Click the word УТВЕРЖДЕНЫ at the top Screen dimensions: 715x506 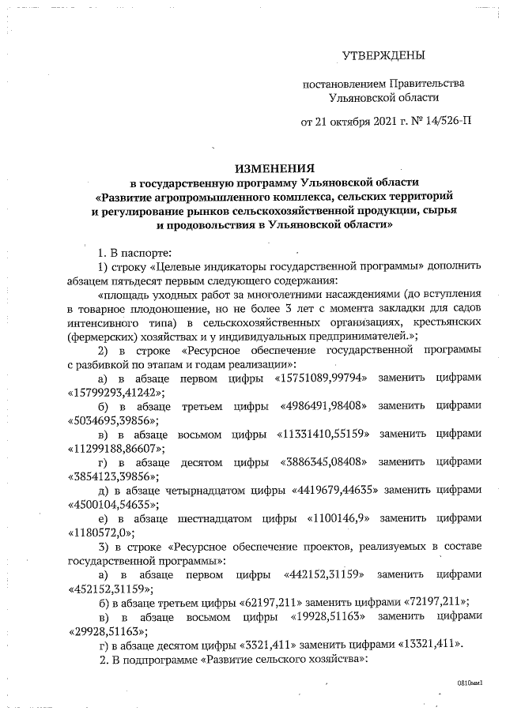[x=383, y=55]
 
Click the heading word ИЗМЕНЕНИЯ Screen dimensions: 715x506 [x=274, y=168]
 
